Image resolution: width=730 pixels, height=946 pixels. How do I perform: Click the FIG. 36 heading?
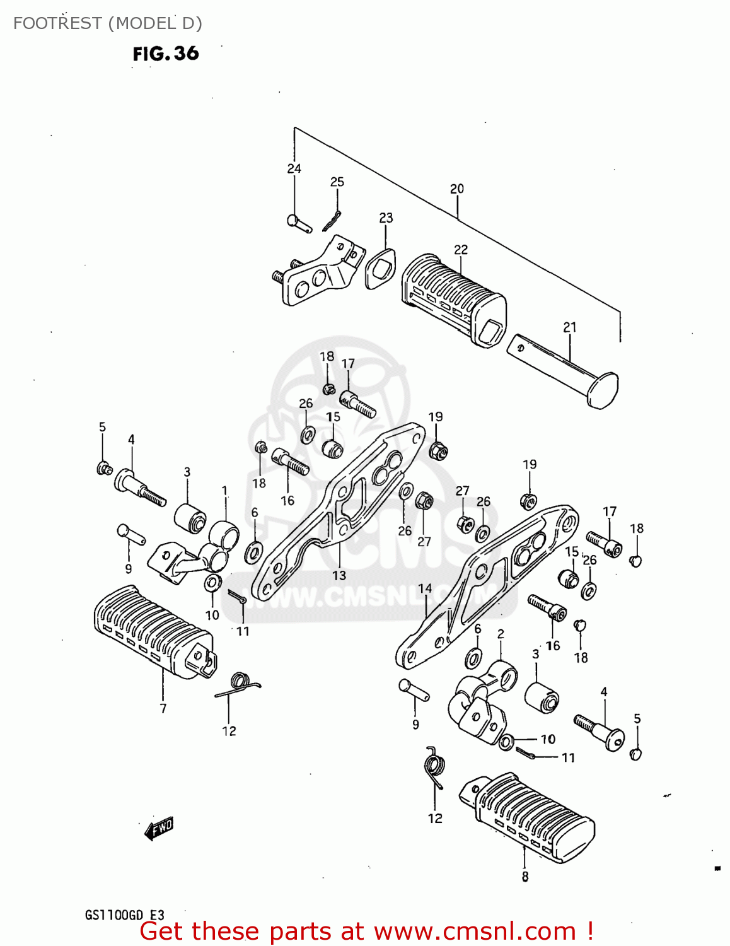coord(166,54)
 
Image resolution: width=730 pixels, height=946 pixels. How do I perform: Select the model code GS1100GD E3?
coord(125,915)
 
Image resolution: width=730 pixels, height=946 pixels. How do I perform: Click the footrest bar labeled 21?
coord(564,369)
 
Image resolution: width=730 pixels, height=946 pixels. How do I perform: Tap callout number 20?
coord(457,189)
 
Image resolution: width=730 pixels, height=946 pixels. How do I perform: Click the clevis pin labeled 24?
coord(298,223)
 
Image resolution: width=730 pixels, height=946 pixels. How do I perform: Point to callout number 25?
coord(337,182)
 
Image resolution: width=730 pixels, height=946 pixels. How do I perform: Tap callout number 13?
coord(339,575)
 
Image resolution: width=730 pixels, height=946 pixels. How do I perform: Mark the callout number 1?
coord(224,491)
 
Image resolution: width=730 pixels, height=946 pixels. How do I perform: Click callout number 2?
coord(501,634)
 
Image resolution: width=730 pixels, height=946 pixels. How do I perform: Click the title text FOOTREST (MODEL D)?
coord(108,23)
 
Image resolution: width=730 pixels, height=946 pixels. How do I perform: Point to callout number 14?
coord(426,588)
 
